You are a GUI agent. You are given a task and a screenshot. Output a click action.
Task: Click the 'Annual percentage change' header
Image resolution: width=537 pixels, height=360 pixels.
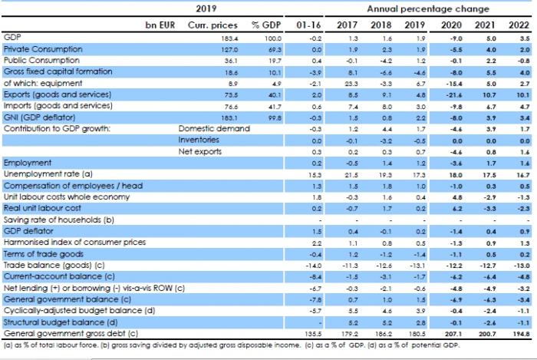point(428,9)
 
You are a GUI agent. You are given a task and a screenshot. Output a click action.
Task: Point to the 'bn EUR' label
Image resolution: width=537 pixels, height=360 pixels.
point(160,25)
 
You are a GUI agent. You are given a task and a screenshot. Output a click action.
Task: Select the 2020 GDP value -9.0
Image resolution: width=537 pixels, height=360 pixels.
point(454,38)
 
